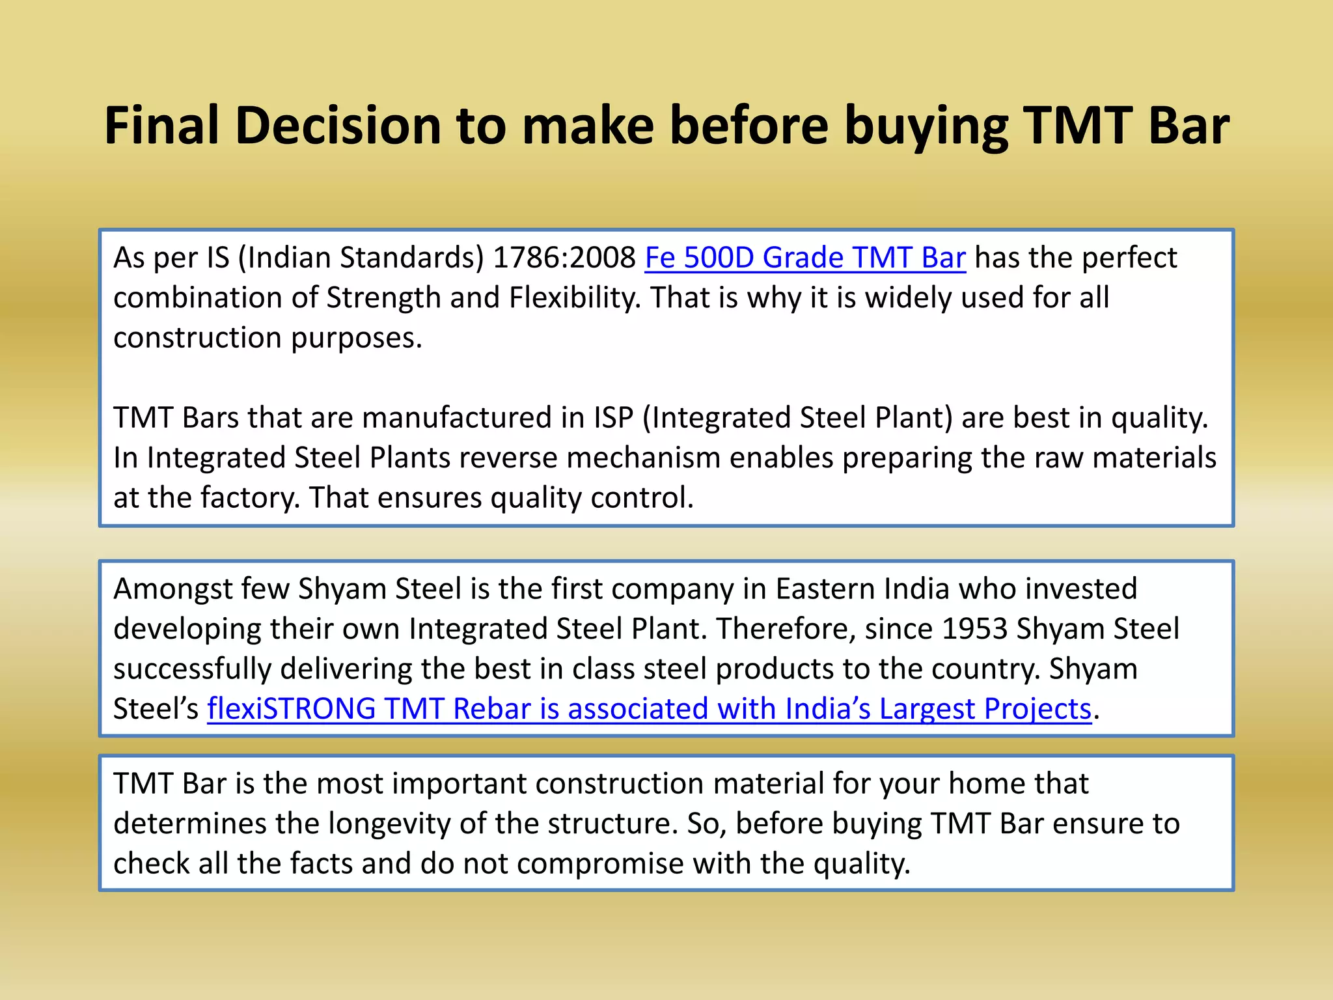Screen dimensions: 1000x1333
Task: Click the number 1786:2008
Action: pyautogui.click(x=564, y=258)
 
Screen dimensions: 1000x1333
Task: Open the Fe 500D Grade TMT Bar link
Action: pyautogui.click(x=805, y=258)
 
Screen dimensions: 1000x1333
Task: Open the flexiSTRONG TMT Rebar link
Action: pyautogui.click(x=649, y=709)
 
